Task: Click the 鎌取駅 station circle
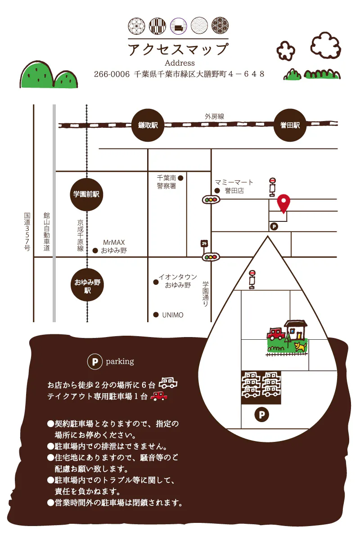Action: pos(148,125)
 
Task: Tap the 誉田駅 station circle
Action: pos(290,125)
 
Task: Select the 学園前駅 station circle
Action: pos(86,194)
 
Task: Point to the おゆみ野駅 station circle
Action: pos(87,285)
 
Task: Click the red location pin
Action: pos(283,203)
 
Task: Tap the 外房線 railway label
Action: pos(214,117)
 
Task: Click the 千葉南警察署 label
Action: pos(166,182)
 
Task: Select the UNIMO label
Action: pos(173,315)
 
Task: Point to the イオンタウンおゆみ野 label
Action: pos(178,281)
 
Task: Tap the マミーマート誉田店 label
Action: pos(234,186)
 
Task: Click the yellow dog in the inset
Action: pos(301,346)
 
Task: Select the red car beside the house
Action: pos(276,333)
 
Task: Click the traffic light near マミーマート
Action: pos(211,200)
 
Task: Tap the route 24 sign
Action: pos(204,243)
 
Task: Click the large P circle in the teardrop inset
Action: pos(261,414)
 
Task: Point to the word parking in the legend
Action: pos(120,362)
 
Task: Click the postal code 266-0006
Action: pos(112,74)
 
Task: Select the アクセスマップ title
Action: pos(178,49)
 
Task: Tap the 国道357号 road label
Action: pos(27,231)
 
